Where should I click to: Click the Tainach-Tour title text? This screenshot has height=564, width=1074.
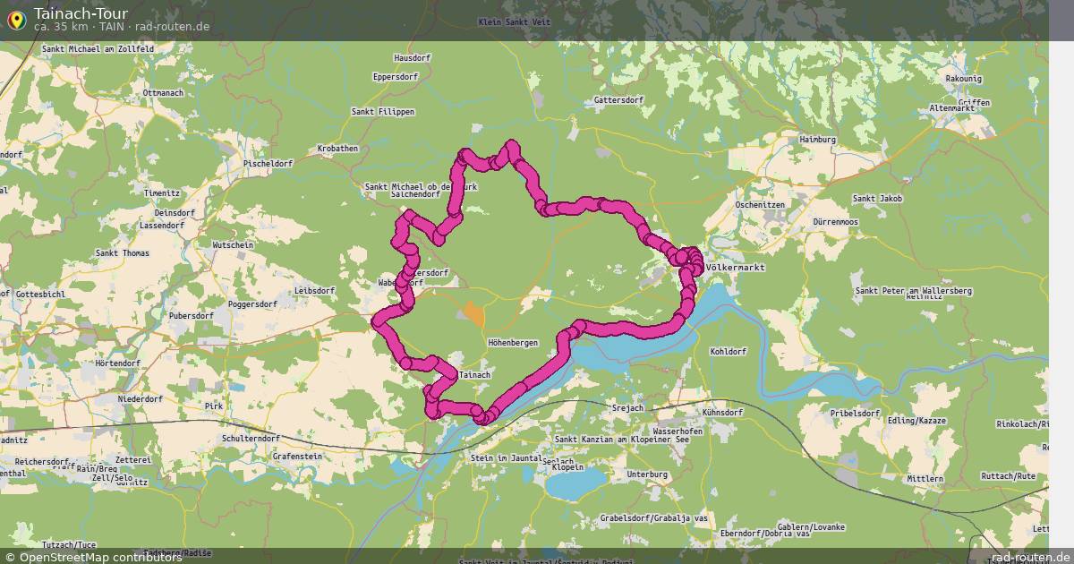click(x=81, y=13)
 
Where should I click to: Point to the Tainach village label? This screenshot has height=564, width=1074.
click(x=474, y=375)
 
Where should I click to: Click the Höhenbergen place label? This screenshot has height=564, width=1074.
click(x=513, y=344)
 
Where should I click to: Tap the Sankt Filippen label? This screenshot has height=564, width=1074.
click(x=383, y=112)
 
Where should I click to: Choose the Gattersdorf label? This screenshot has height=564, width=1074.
click(x=618, y=100)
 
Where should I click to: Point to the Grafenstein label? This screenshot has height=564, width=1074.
click(x=297, y=456)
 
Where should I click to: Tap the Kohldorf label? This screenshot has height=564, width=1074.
click(x=729, y=352)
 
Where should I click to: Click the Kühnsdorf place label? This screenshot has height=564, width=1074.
click(x=723, y=413)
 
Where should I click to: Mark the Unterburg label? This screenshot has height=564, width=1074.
click(x=648, y=474)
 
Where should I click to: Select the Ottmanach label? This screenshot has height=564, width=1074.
click(x=162, y=93)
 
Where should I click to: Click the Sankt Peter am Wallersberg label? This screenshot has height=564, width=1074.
click(x=913, y=291)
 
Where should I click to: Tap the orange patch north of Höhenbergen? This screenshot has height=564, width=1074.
click(x=473, y=314)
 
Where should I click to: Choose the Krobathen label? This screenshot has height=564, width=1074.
click(x=337, y=149)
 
